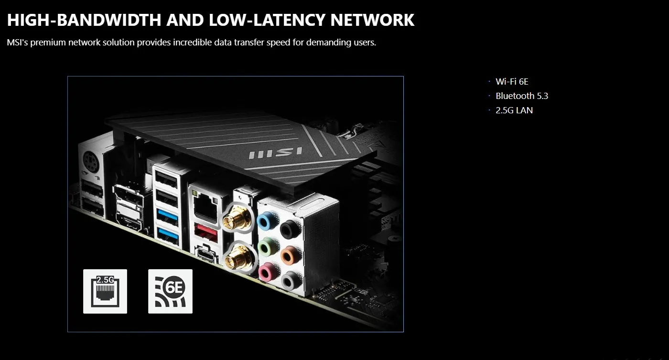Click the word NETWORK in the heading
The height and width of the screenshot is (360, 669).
pos(372,20)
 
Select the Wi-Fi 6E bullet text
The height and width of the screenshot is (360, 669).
pos(512,82)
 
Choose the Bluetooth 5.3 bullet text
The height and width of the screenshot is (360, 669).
pos(522,96)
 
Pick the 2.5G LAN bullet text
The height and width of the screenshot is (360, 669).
pos(514,110)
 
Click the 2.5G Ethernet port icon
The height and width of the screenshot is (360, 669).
pos(105,291)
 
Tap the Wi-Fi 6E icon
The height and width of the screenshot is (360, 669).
pos(170,291)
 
